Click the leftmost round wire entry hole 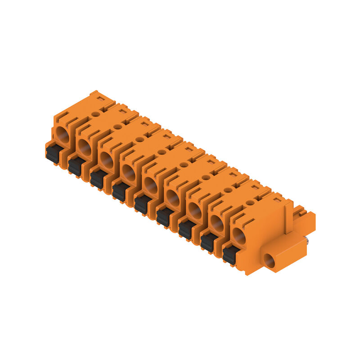[61, 134]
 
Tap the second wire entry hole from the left [84, 147]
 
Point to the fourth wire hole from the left [128, 172]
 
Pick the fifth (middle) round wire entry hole [150, 185]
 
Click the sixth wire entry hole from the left [172, 198]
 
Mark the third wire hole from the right [194, 210]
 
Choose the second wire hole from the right [216, 223]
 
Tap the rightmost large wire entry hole [239, 236]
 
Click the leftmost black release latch [52, 154]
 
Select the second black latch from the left [75, 167]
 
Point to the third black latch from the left [97, 180]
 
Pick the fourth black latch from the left [119, 192]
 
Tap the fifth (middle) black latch [141, 205]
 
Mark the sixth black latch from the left [163, 217]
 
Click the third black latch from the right [185, 230]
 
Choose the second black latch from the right [207, 243]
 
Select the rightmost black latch [229, 256]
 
